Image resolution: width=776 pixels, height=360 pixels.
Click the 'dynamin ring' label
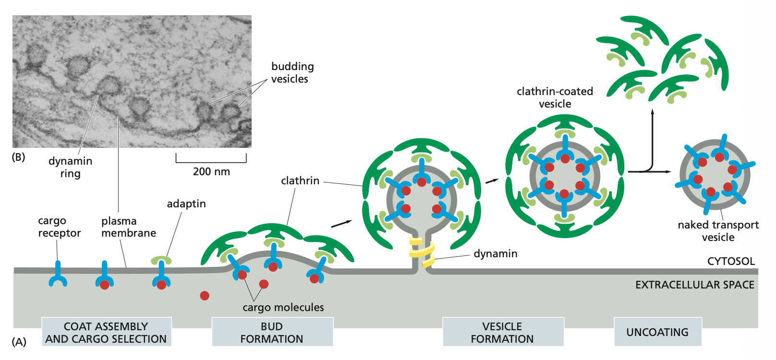click(70, 167)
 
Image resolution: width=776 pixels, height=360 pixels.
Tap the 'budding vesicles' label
click(292, 72)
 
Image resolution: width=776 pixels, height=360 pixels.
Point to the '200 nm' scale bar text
click(211, 171)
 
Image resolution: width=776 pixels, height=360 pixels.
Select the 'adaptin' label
click(186, 204)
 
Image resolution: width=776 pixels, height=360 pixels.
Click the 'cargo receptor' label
click(59, 227)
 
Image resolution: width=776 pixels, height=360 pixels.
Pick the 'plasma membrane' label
click(128, 227)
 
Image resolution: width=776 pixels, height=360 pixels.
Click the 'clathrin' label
click(300, 180)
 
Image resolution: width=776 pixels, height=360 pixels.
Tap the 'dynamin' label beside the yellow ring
click(496, 253)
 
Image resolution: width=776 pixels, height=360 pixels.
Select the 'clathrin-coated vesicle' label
click(555, 97)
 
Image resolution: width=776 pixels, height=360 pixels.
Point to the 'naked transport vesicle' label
click(718, 231)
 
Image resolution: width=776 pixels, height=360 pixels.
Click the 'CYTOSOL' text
click(731, 261)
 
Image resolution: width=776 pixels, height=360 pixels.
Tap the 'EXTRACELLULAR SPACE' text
click(694, 285)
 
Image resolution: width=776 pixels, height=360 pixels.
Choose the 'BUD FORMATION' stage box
click(272, 332)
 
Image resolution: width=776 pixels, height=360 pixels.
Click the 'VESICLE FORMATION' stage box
click(502, 332)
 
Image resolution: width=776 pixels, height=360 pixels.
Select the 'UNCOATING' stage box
click(657, 332)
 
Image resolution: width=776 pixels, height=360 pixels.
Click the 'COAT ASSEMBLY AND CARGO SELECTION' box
click(106, 332)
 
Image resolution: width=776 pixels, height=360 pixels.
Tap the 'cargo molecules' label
click(283, 307)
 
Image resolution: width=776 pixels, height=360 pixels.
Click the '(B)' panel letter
click(18, 157)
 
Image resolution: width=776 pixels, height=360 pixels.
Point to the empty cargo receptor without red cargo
click(58, 276)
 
